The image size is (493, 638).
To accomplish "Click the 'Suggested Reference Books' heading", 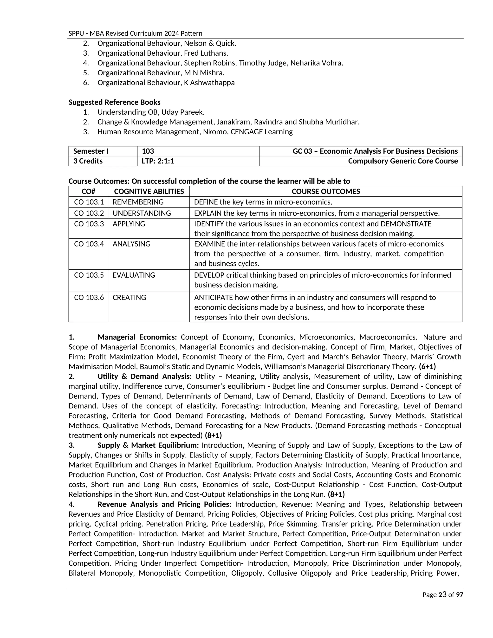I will tap(114, 102).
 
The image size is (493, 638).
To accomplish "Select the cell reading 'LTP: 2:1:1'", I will tap(158, 161).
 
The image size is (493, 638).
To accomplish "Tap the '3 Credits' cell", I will tap(88, 161).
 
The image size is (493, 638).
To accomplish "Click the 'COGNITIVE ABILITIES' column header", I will tap(149, 191).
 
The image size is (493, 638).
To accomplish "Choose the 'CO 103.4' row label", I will tap(89, 244).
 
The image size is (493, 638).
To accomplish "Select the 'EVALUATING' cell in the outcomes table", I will tap(134, 275).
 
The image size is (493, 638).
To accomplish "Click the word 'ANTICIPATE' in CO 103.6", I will tap(213, 297).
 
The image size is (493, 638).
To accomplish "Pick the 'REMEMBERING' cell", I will tap(138, 202).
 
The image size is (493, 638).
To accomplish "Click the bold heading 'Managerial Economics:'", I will tap(137, 337).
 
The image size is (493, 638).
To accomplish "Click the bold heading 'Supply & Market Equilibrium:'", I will tap(148, 445).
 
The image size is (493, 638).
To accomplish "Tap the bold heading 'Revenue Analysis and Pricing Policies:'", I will tap(164, 504).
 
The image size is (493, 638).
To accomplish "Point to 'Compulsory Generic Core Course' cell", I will tap(403, 161).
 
